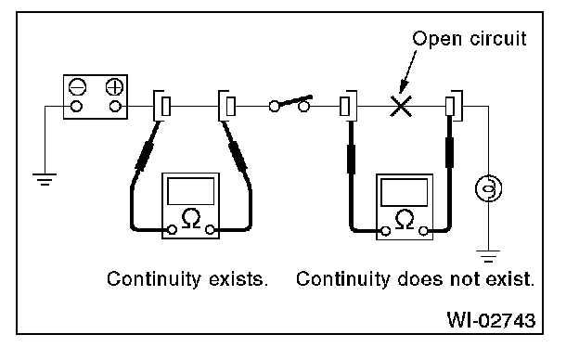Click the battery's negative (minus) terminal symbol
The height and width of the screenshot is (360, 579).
(78, 87)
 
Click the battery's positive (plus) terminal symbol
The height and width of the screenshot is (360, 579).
(114, 87)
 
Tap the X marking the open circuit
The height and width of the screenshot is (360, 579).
(401, 107)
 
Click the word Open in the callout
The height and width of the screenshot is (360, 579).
(437, 39)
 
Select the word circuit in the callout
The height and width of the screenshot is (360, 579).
(498, 38)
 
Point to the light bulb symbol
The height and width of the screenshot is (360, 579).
(488, 188)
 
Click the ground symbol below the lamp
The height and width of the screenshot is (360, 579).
(488, 256)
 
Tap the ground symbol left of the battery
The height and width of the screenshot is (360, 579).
(45, 179)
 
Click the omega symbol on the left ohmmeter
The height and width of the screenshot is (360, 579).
(191, 219)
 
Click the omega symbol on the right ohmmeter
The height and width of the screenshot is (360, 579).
(405, 219)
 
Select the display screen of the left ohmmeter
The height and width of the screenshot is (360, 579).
(190, 191)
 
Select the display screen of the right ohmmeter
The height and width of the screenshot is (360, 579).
(404, 192)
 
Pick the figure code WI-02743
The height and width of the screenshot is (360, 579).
(491, 320)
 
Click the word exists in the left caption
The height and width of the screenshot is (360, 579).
(238, 279)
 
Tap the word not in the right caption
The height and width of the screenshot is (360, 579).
(465, 279)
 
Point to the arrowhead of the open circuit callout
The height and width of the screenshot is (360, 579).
(404, 89)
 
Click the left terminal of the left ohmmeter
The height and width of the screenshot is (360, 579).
(172, 230)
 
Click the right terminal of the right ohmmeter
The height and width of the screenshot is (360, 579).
(423, 231)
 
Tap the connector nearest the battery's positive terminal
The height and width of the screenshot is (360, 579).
(161, 106)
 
